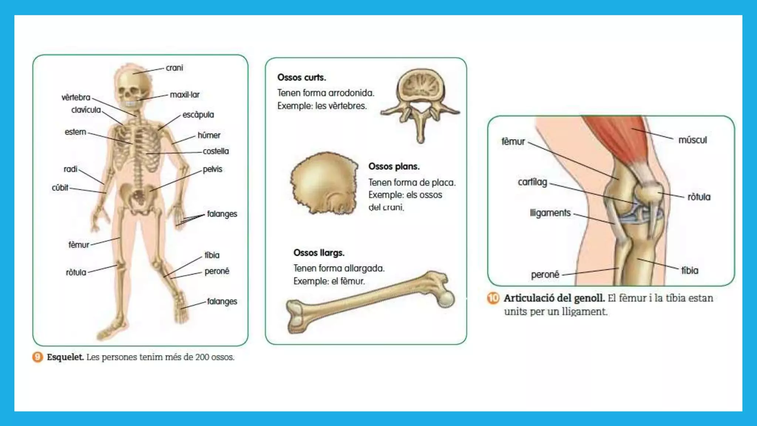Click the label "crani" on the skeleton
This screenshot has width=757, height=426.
click(174, 68)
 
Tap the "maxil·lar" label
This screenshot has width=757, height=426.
click(184, 95)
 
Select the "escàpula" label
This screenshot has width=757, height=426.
click(198, 115)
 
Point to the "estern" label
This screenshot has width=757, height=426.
click(75, 132)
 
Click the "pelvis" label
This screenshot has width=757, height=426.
click(213, 169)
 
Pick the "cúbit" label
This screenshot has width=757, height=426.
click(60, 188)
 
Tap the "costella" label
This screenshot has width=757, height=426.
click(216, 151)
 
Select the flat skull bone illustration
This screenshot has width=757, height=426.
click(324, 183)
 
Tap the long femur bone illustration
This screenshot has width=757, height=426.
click(370, 301)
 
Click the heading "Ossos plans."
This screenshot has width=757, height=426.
click(394, 166)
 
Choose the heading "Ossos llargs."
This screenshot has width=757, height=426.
click(319, 253)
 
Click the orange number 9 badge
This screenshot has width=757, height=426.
click(38, 357)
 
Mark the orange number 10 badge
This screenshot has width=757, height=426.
click(493, 298)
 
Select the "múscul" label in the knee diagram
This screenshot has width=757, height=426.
click(692, 140)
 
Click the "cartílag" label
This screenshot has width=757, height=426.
click(532, 182)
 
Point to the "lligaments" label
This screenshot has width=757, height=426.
click(550, 213)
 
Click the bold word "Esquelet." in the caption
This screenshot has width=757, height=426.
click(65, 357)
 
